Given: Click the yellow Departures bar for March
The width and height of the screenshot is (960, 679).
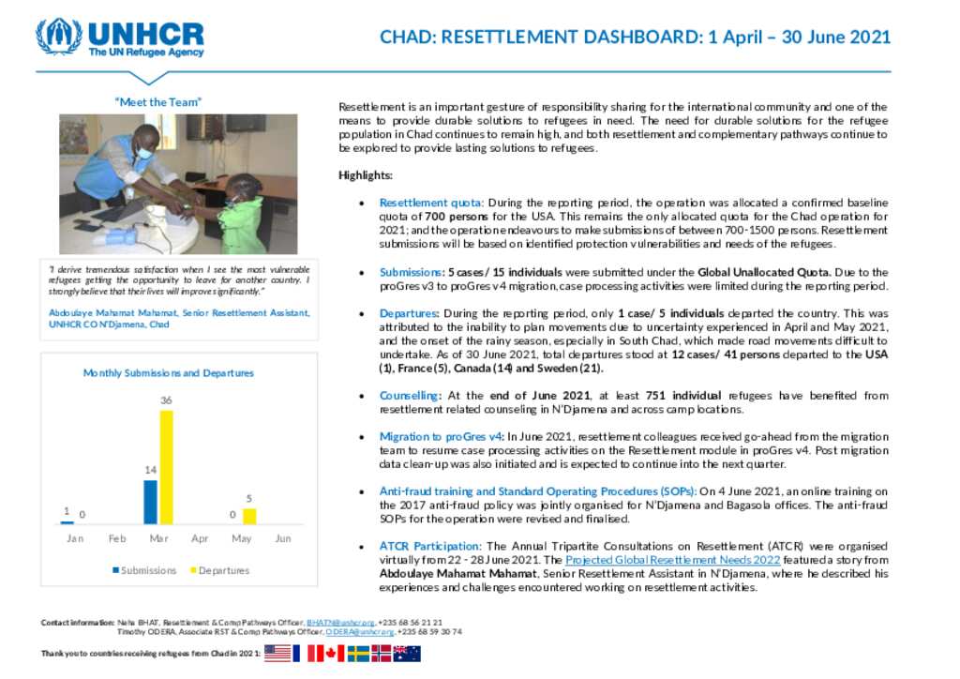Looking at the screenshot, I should [166, 467].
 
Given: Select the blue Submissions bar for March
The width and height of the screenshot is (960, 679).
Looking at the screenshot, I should [151, 502].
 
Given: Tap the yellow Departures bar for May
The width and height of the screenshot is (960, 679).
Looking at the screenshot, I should [249, 516].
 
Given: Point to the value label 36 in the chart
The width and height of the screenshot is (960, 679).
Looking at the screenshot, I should [166, 400].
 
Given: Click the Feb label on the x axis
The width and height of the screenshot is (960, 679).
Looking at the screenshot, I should [117, 538].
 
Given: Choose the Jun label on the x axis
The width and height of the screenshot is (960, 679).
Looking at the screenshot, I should [283, 538].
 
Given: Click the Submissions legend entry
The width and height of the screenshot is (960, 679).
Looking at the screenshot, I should [144, 570].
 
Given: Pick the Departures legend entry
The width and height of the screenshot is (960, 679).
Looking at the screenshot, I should [219, 570].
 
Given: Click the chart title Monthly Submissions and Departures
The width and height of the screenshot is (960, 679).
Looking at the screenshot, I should [169, 372].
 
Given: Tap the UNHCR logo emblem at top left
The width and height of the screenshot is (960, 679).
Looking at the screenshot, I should [58, 36].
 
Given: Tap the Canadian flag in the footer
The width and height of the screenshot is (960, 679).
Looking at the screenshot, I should [330, 654].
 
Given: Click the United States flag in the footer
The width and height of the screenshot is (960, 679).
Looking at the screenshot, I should [277, 654].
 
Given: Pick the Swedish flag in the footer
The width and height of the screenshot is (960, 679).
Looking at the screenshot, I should [358, 654].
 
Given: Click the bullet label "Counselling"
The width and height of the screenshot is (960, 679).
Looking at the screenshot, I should [409, 396].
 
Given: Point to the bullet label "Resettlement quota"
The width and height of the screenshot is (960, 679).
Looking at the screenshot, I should [430, 203].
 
